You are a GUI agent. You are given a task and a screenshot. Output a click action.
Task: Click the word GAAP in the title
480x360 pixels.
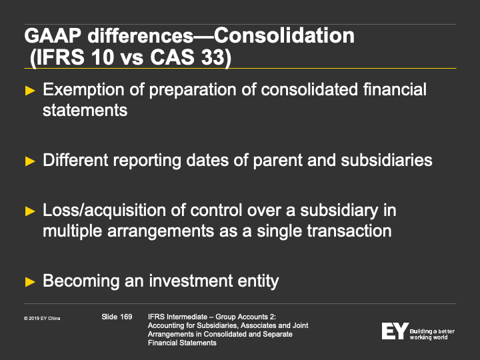point(53,36)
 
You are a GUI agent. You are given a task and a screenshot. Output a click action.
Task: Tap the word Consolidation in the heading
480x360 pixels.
point(284,35)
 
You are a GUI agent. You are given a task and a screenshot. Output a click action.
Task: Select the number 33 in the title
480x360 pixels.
point(213,57)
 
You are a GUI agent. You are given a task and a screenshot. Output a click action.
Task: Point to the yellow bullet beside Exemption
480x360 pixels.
point(30,91)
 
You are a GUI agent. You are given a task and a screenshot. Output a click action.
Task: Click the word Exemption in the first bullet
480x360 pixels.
point(83,90)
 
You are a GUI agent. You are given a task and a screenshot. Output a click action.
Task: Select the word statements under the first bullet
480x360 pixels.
point(85,110)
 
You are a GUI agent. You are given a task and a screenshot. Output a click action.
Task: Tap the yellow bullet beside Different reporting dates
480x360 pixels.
point(30,161)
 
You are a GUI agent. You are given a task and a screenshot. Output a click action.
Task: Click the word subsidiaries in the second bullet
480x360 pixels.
point(387,160)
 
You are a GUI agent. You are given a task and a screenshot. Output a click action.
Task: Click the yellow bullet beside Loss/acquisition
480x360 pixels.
point(30,211)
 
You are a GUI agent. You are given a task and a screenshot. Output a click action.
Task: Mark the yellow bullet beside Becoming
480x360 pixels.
point(30,281)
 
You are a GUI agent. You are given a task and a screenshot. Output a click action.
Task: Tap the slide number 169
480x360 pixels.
point(126,317)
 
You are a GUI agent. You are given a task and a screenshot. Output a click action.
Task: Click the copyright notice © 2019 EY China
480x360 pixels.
point(42,319)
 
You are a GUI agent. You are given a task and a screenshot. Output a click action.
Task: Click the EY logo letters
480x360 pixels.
point(395,331)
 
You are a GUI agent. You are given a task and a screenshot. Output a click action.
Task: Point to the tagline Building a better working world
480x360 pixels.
point(432,334)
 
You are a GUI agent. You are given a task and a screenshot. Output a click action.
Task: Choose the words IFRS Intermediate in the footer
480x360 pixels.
point(177,317)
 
